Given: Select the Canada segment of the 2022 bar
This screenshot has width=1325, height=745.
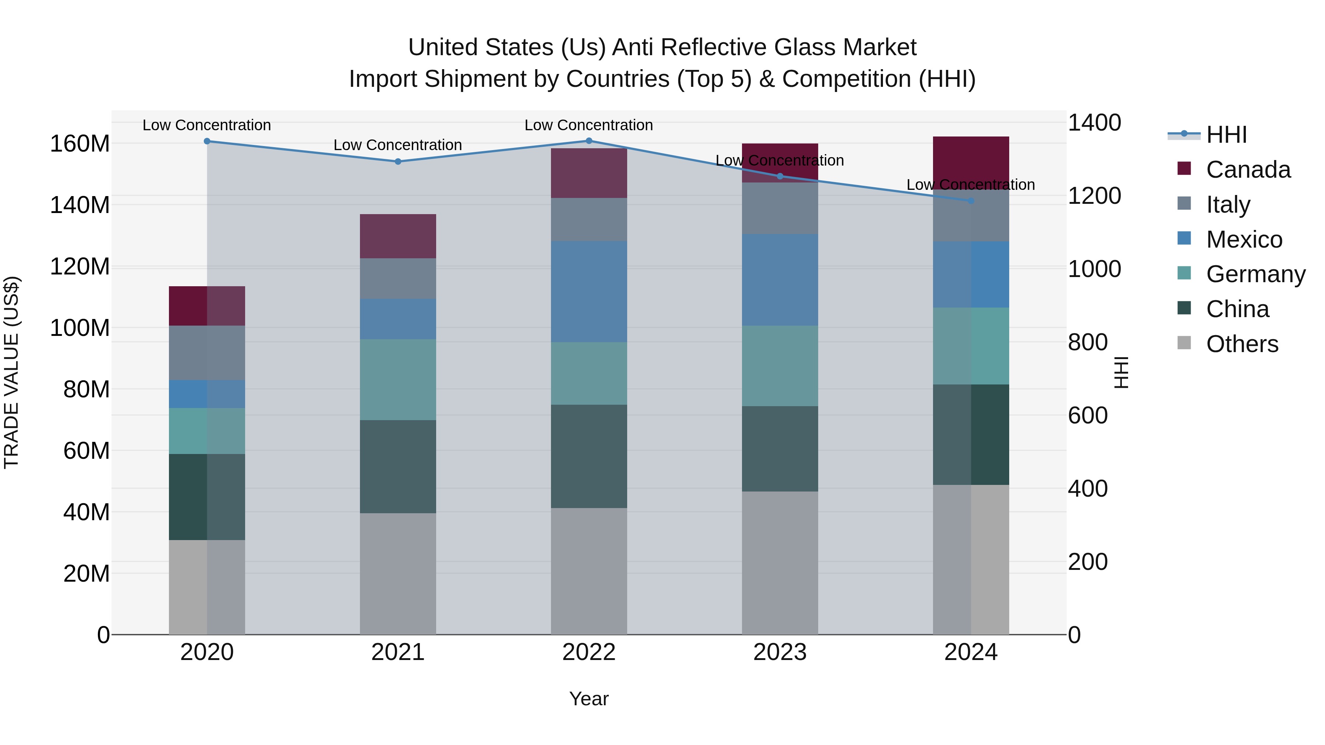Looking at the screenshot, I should [x=589, y=173].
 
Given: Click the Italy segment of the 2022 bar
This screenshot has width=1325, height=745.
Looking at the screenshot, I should [x=589, y=220].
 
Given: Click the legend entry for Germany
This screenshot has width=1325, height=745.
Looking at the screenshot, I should [x=1255, y=274].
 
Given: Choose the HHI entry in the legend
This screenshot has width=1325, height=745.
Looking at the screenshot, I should [x=1226, y=135].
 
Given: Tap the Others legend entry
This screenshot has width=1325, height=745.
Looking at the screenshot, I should [x=1242, y=344].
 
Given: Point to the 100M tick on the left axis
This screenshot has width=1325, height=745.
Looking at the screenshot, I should [x=80, y=328].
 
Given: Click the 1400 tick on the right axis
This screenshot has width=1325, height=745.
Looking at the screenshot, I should [x=1095, y=123].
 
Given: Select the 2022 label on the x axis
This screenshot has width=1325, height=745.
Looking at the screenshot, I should [x=589, y=652].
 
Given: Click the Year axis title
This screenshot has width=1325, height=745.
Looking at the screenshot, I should [x=589, y=699].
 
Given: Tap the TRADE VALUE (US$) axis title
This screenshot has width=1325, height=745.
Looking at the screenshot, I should [x=11, y=372].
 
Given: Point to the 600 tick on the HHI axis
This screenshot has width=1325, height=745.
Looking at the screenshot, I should [x=1087, y=415].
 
